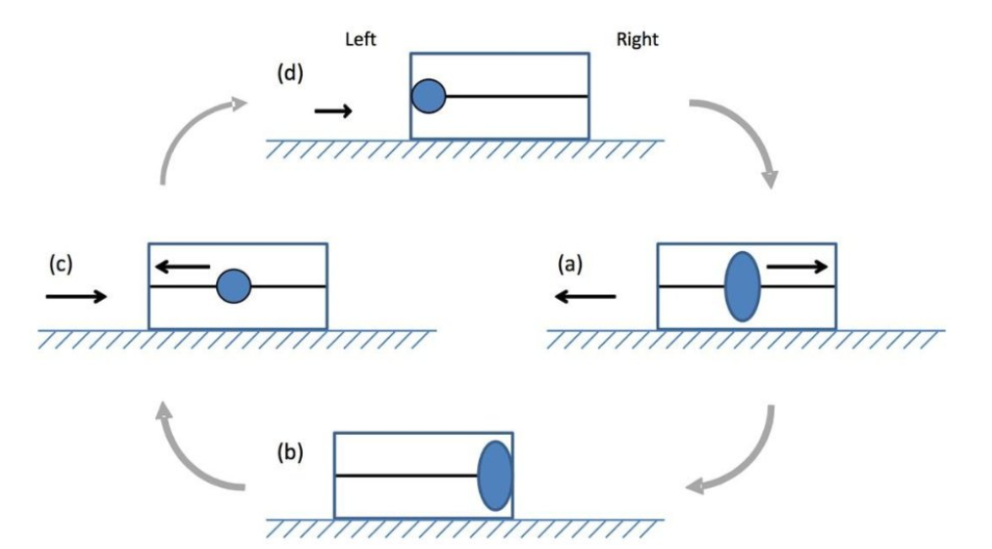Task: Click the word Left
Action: click(x=361, y=40)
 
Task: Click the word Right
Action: click(x=637, y=40)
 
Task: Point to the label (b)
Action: click(x=290, y=452)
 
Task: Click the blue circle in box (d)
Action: click(x=428, y=96)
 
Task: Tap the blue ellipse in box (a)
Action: click(x=742, y=285)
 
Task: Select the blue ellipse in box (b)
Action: click(x=495, y=476)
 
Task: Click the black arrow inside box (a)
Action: click(x=798, y=265)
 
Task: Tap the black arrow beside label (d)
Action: click(x=333, y=111)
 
